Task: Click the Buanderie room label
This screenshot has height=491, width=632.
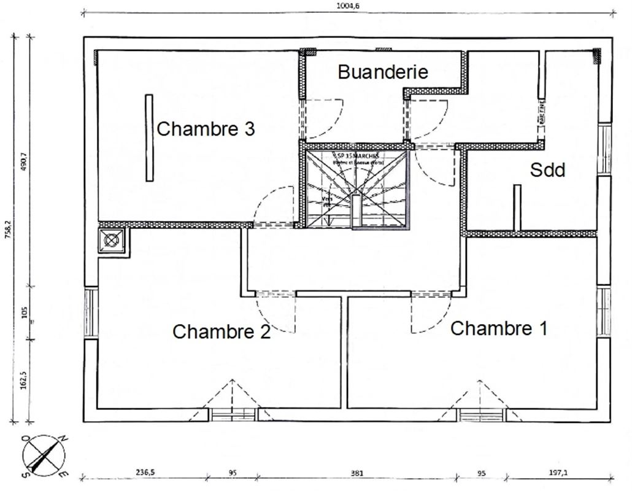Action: [x=383, y=72]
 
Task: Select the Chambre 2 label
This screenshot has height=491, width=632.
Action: [x=222, y=331]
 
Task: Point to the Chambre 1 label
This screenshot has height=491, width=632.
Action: [x=498, y=328]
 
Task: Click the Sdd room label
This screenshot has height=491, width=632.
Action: [x=547, y=170]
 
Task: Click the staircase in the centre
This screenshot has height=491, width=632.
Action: [x=356, y=188]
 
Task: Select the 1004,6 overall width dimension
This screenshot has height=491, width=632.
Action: [x=348, y=6]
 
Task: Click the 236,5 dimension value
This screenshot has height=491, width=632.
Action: [x=145, y=473]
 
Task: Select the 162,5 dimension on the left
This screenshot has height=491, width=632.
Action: [x=23, y=379]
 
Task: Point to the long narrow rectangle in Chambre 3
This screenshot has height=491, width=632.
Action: [x=149, y=138]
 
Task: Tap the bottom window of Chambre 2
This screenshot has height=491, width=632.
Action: [x=233, y=414]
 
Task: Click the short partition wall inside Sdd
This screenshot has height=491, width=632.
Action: [x=517, y=207]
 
